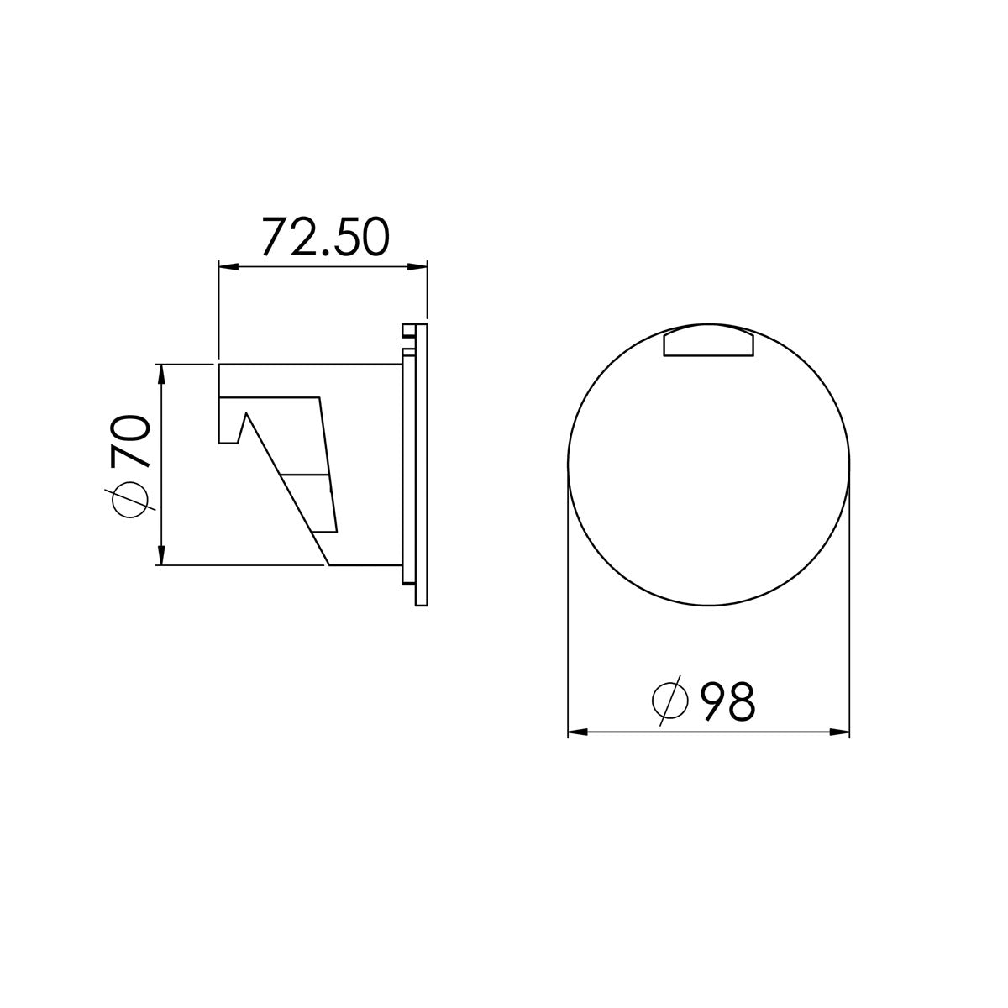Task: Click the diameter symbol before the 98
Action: point(670,701)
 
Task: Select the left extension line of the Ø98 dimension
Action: point(569,605)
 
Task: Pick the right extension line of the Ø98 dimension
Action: point(849,605)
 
